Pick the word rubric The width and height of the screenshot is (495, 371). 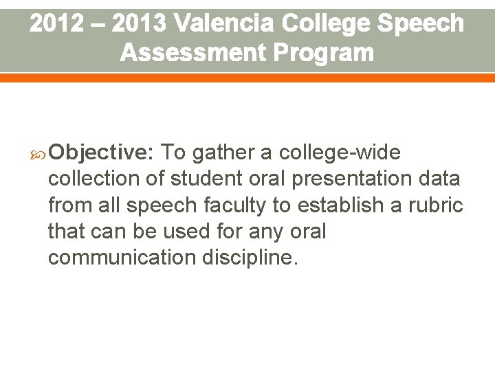(440, 205)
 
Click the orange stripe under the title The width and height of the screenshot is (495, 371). (247, 78)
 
